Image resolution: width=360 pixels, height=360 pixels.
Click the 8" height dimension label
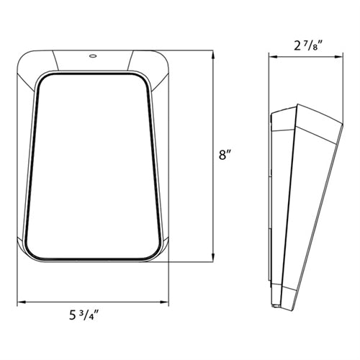pyautogui.click(x=225, y=156)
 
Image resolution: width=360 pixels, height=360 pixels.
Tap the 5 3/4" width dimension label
pyautogui.click(x=84, y=315)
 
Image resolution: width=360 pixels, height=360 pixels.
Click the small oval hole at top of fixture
pyautogui.click(x=93, y=56)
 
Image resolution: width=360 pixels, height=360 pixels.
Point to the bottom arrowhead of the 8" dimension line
pyautogui.click(x=212, y=257)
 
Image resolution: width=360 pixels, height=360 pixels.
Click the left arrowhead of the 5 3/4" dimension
pyautogui.click(x=21, y=302)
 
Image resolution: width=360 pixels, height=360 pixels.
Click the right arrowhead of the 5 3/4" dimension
pyautogui.click(x=164, y=302)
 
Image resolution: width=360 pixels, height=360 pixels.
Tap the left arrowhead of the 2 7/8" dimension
pyautogui.click(x=273, y=57)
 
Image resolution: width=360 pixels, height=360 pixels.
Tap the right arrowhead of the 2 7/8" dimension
pyautogui.click(x=338, y=57)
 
